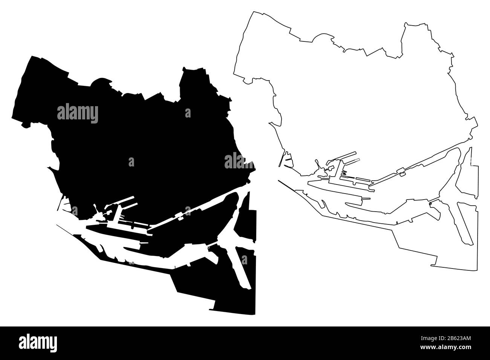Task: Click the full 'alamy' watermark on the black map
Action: point(78,113)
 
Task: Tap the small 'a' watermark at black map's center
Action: point(131,162)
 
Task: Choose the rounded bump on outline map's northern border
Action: point(323,36)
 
